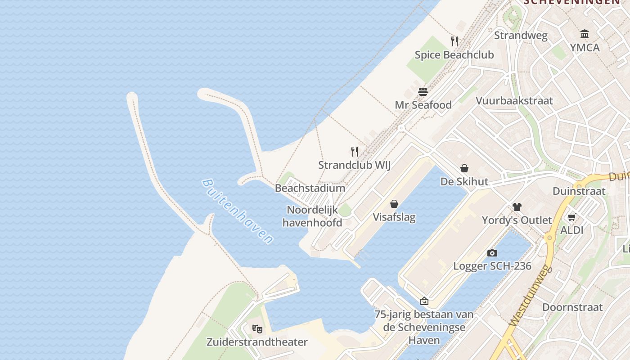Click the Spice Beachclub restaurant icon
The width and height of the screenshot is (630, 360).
tap(454, 41)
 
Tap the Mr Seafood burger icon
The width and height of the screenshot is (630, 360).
tap(423, 92)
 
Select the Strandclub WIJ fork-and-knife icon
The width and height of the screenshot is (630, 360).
tap(355, 152)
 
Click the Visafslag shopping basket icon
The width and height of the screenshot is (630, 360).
tap(394, 204)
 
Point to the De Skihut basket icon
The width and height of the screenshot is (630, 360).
tap(464, 168)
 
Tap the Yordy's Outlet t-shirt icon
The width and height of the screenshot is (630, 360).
tap(517, 207)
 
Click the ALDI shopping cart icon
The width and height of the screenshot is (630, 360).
tap(571, 217)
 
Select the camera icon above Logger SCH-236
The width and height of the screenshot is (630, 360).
tap(492, 253)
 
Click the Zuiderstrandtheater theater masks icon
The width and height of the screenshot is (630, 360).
tap(257, 329)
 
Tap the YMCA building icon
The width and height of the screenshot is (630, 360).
tap(585, 34)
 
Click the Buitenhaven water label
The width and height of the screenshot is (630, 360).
tap(238, 211)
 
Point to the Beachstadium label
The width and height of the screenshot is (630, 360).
tap(310, 188)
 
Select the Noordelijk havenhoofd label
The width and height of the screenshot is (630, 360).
tap(312, 216)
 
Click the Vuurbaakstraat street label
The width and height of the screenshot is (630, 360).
tap(514, 100)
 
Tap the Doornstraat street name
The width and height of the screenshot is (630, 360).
tap(572, 307)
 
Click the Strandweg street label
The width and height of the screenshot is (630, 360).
tap(521, 36)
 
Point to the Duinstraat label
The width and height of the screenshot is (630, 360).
tap(579, 191)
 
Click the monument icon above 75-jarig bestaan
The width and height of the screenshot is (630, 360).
tap(424, 301)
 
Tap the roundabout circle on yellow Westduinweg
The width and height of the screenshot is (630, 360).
tap(549, 238)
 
